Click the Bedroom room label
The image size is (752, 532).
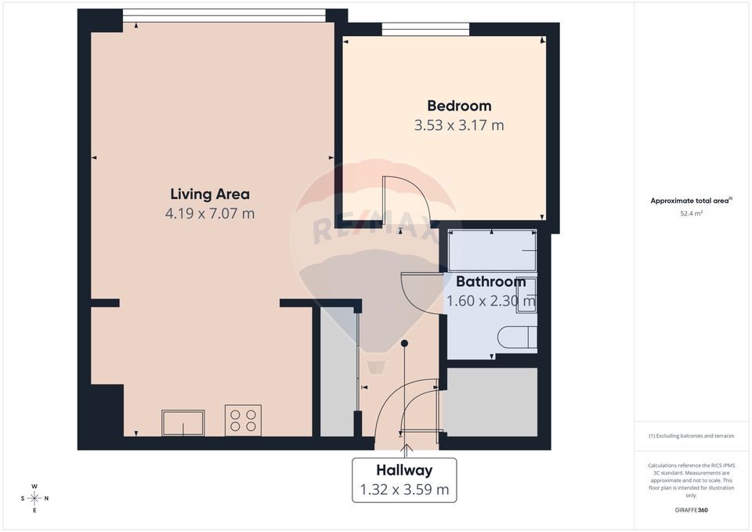(x=459, y=106)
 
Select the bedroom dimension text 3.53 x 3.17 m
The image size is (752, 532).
(x=459, y=125)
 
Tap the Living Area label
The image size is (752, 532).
(x=210, y=194)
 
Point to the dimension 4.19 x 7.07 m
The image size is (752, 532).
(x=210, y=213)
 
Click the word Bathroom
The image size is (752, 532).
(x=490, y=281)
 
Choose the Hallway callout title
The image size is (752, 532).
(x=404, y=470)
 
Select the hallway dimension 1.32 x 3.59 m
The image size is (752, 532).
(x=404, y=490)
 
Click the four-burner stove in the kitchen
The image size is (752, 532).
(x=243, y=420)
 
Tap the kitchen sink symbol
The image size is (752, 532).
(x=183, y=423)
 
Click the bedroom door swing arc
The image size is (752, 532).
(x=407, y=200)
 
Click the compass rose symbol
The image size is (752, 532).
(x=34, y=498)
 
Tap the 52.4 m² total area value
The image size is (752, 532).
(x=691, y=212)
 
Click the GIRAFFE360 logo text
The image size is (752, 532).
(x=691, y=510)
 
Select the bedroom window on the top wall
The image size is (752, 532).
(x=426, y=29)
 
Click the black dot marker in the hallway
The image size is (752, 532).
(x=404, y=343)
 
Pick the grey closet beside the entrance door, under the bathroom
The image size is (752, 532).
(x=491, y=401)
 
